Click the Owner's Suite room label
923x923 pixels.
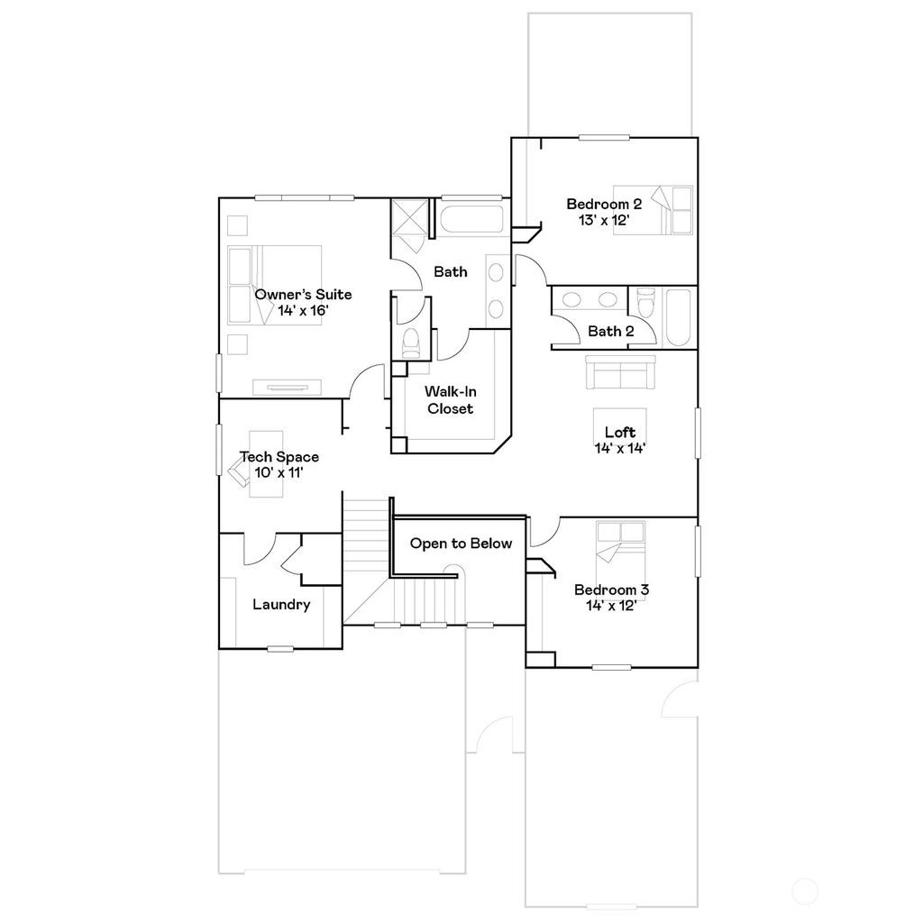coord(303,295)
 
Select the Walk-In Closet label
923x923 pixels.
coord(449,400)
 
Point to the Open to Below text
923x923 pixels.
coord(461,544)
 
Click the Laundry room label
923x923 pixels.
coord(281,605)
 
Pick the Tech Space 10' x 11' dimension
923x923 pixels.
coord(279,472)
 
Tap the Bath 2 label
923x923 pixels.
coord(610,332)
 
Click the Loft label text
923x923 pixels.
coord(620,433)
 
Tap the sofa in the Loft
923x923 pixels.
coord(621,372)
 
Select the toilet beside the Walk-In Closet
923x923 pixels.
coord(411,343)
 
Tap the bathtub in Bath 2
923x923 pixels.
coord(677,317)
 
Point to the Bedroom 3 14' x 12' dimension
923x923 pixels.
coord(611,606)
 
